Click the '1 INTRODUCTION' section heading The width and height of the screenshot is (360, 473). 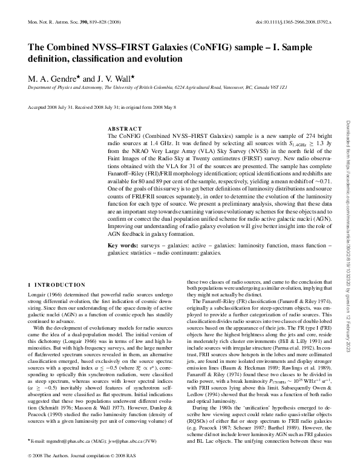(57, 285)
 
